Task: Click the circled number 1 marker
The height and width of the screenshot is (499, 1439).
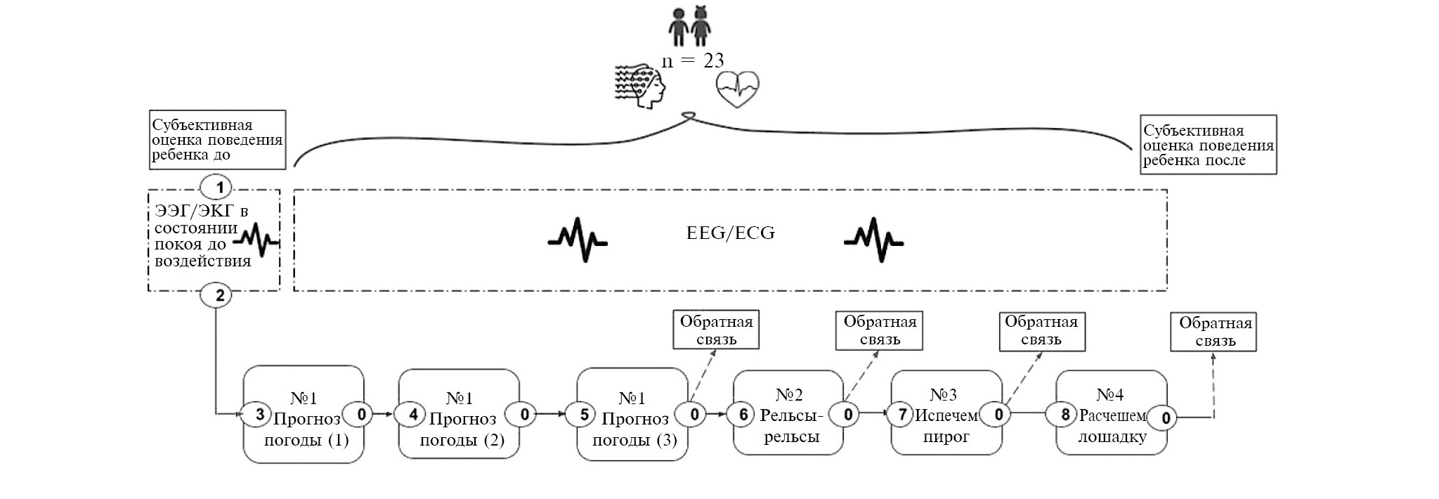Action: coord(220,188)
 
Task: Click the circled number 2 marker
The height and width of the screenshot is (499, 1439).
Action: coord(219,295)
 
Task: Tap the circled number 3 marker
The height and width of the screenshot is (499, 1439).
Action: coord(259,415)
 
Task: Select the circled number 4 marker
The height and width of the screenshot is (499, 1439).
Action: coord(415,415)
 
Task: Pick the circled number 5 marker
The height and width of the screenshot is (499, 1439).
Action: coord(584,415)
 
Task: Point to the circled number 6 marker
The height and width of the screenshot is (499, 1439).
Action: coord(743,415)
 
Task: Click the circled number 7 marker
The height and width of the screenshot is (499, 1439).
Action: coord(903,415)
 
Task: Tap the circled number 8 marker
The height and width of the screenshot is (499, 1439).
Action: coord(1064,415)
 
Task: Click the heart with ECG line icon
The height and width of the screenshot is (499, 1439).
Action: coord(737,89)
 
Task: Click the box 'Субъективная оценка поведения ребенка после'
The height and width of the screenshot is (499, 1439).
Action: coord(1208,145)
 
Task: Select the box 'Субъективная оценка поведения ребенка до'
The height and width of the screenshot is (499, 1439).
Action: coord(217,140)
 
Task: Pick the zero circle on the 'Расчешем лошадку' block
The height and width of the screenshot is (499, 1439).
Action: coord(1166,419)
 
